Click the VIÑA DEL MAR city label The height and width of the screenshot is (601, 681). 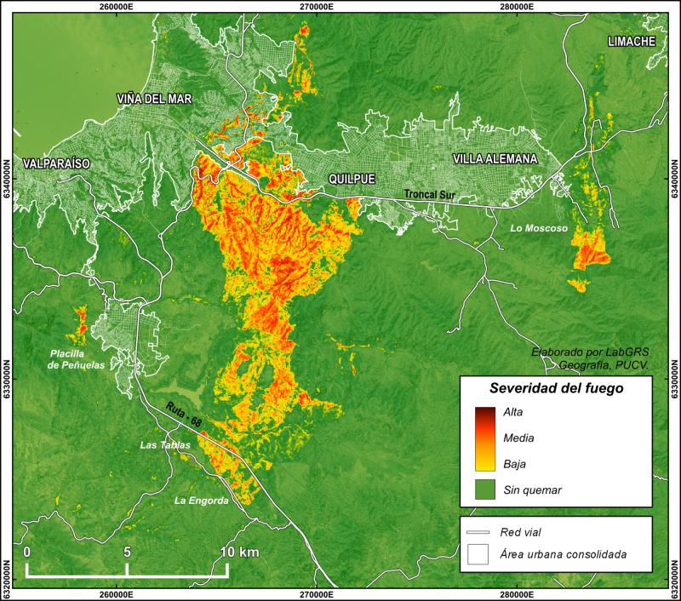155,100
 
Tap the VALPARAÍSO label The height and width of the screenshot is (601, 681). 57,163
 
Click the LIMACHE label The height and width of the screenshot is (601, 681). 631,42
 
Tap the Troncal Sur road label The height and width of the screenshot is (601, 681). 430,195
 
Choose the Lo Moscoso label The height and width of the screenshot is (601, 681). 538,228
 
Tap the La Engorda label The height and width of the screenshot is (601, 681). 202,501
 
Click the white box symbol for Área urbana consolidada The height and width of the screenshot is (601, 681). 477,554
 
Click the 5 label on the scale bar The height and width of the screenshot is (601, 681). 127,552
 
